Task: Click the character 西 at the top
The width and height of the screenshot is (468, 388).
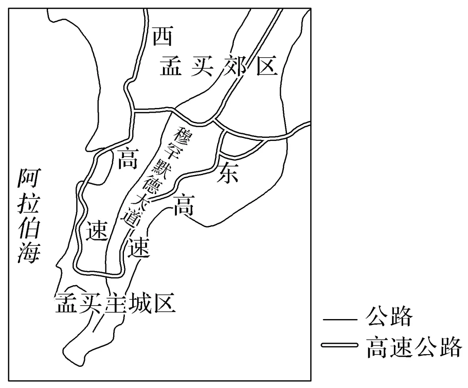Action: pos(162,37)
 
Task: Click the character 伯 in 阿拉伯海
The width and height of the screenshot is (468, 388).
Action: pos(29,228)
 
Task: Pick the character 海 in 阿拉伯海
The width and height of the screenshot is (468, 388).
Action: pos(29,252)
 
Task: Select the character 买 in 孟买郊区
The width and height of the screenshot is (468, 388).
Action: pos(201,66)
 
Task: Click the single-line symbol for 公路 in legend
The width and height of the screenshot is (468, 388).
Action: pos(340,321)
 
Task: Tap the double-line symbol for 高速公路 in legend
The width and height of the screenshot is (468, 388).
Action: pos(340,345)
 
